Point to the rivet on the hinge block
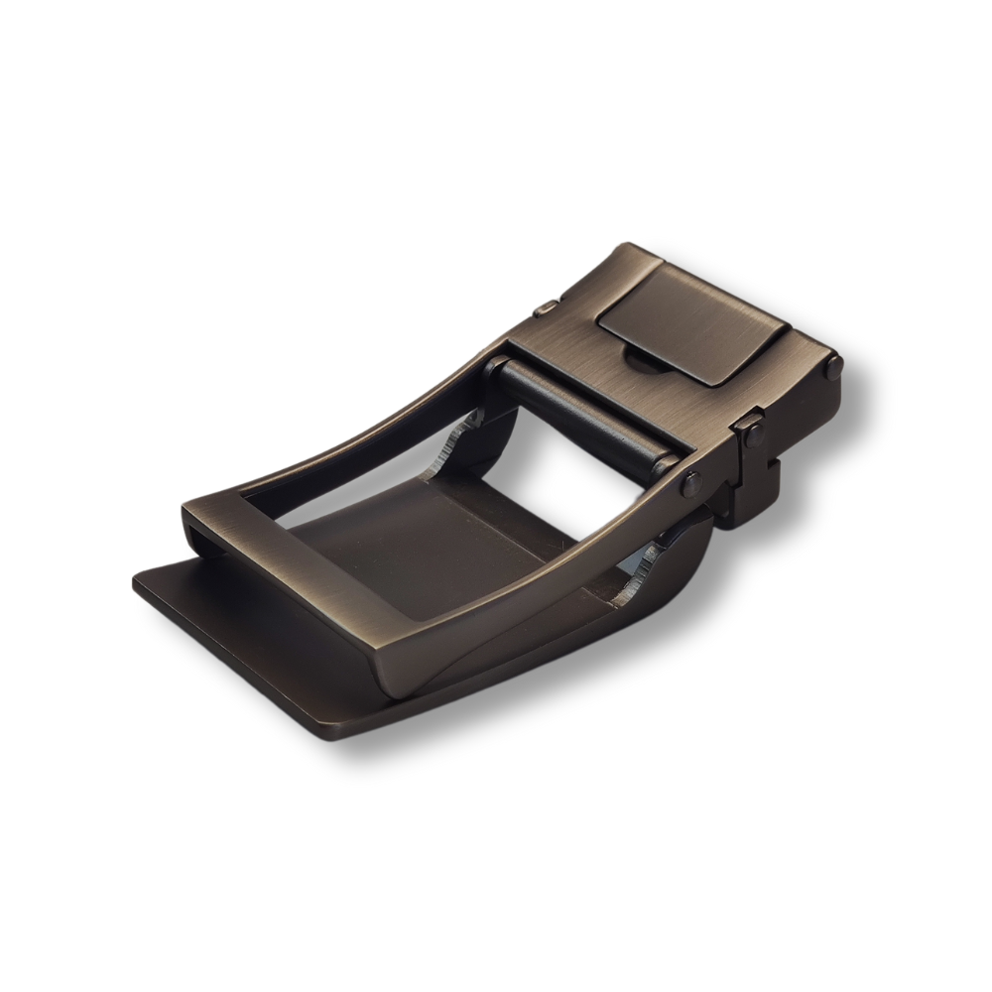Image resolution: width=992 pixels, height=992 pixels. pyautogui.click(x=750, y=429)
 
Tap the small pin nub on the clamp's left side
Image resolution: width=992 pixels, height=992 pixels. pyautogui.click(x=545, y=312)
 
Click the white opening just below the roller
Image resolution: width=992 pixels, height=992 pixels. pyautogui.click(x=556, y=456)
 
